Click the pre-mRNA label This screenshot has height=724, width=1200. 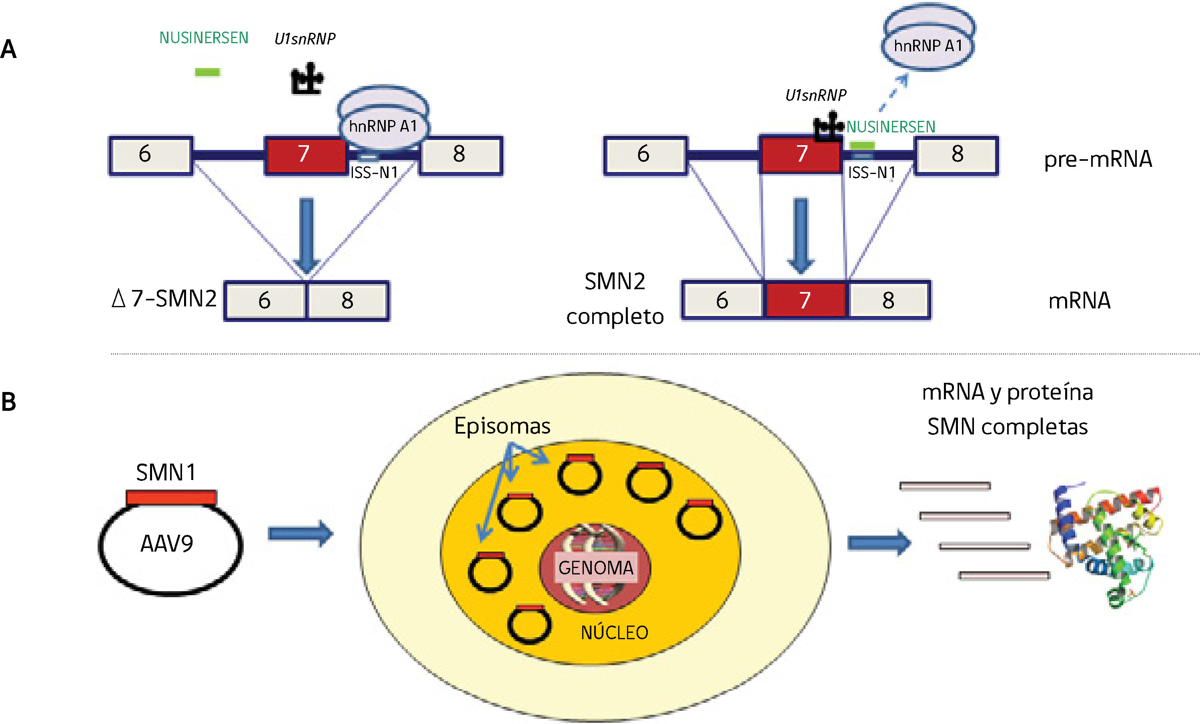(x=1098, y=159)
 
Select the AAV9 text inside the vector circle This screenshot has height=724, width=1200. (x=166, y=543)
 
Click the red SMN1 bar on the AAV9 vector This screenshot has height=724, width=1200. (x=171, y=497)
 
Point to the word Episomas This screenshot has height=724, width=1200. (x=502, y=426)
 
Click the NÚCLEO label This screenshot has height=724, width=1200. (x=614, y=632)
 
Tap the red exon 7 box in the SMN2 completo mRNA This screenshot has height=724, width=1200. (x=805, y=300)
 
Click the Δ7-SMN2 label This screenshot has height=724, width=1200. (x=164, y=298)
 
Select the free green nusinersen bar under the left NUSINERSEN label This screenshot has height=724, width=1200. (x=207, y=72)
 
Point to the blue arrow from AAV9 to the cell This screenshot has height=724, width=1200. (x=300, y=534)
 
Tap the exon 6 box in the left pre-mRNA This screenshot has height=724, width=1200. (x=150, y=155)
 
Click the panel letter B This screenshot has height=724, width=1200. (x=9, y=402)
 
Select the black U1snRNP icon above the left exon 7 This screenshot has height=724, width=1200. (x=307, y=79)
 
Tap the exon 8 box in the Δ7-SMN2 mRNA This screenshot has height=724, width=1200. (x=348, y=300)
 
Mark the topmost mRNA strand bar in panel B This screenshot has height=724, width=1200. (x=944, y=486)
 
